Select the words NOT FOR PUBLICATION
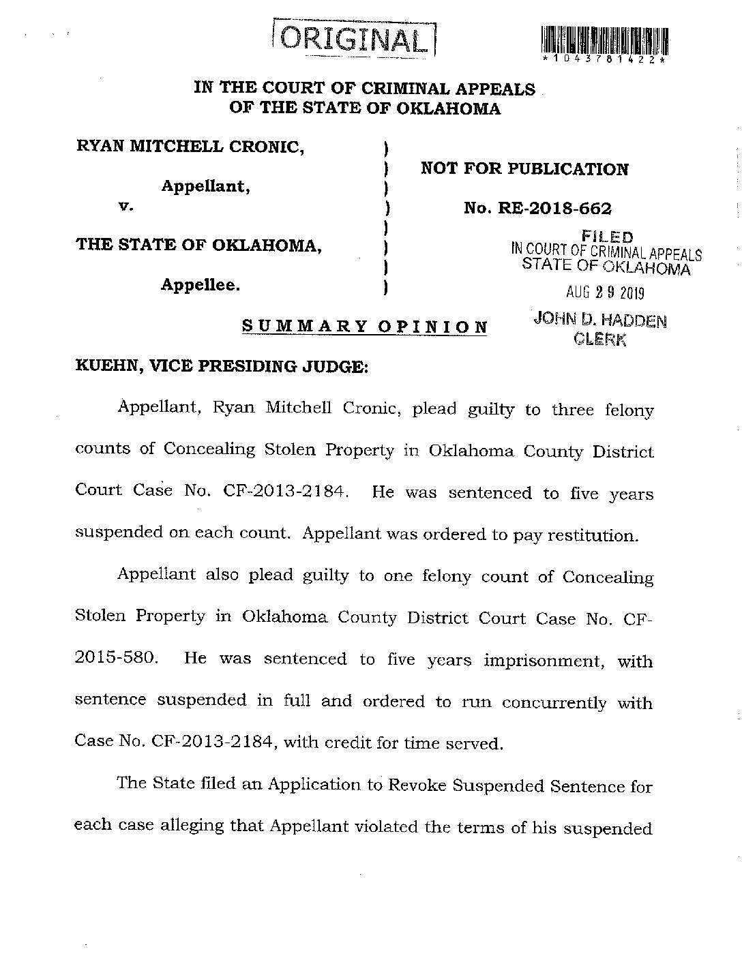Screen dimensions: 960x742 click(x=524, y=169)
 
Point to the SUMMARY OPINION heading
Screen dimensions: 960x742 click(x=365, y=326)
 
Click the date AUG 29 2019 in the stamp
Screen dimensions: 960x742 click(x=605, y=292)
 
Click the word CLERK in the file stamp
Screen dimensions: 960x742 click(x=600, y=339)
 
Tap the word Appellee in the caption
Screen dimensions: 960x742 click(x=200, y=285)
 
